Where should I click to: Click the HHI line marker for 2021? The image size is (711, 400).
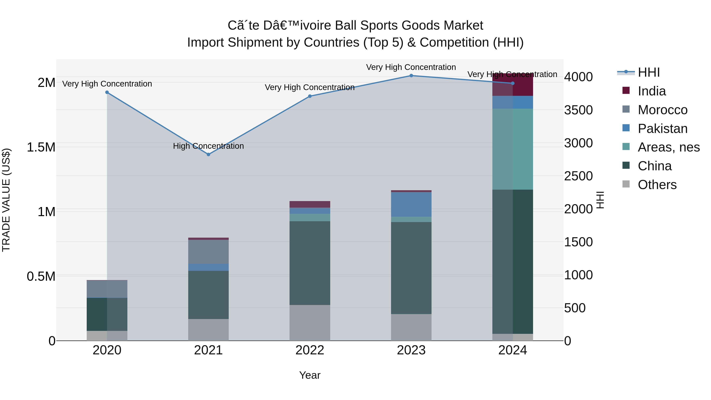click(208, 155)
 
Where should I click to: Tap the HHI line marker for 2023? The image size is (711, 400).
click(411, 76)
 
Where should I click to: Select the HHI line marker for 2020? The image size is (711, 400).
click(107, 92)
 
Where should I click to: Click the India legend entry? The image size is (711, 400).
click(651, 91)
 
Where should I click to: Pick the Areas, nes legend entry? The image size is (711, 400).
click(668, 147)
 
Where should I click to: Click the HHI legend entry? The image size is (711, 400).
click(648, 72)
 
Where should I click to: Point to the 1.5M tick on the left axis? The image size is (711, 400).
click(41, 147)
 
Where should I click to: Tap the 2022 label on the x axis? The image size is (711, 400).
click(310, 350)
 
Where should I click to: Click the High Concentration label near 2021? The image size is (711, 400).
click(208, 146)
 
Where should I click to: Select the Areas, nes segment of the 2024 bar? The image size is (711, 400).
click(513, 149)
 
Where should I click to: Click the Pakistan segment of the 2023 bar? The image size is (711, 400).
click(411, 204)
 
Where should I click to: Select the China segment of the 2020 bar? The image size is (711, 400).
click(107, 314)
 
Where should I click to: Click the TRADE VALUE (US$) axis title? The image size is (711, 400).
click(6, 200)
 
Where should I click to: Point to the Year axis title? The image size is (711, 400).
click(310, 375)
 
